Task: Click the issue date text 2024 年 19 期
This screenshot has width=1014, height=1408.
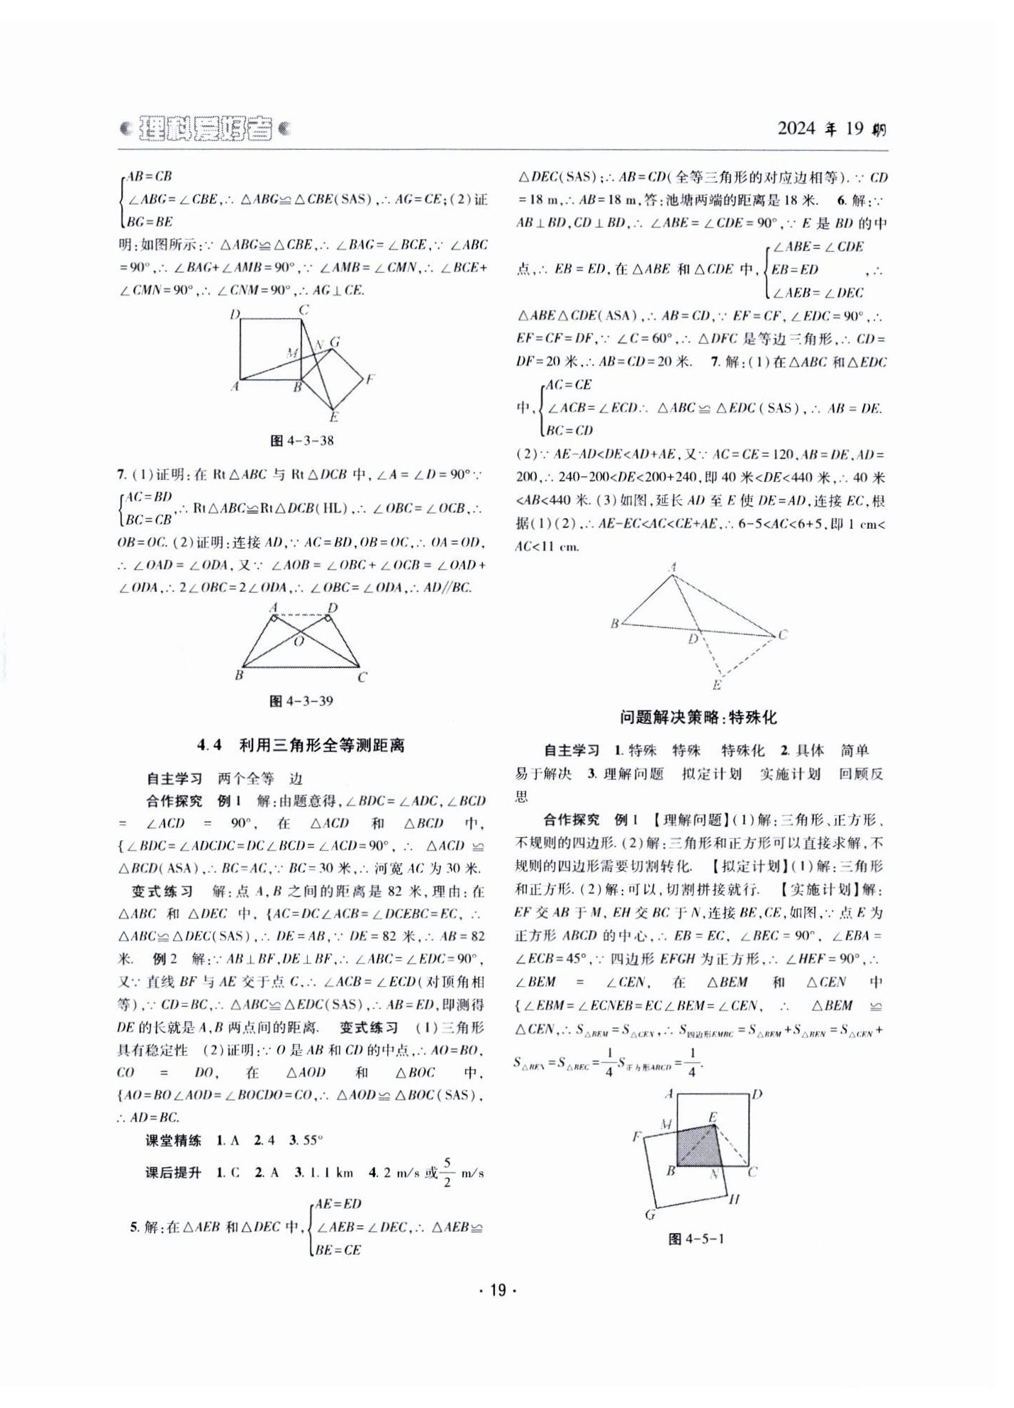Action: (831, 129)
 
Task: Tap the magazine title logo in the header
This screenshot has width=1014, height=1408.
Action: (205, 128)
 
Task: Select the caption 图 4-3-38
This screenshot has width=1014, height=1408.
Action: (302, 440)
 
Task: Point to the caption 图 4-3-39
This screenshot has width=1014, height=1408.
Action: (301, 700)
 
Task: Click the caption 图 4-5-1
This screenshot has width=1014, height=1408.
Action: (696, 1239)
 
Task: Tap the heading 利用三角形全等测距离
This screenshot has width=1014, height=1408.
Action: (321, 745)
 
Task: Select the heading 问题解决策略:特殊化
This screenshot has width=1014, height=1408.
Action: (698, 717)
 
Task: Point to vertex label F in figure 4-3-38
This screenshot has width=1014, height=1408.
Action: (369, 379)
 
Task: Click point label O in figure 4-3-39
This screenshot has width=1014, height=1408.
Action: (299, 642)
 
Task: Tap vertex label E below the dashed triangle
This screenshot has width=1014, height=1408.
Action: (717, 685)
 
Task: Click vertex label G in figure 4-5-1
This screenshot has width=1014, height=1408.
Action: (650, 1214)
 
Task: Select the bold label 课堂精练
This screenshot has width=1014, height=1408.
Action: (174, 1140)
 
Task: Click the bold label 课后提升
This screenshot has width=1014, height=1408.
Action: (174, 1173)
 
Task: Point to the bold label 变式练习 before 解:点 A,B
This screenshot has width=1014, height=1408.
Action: (162, 891)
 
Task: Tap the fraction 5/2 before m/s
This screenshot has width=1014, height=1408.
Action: (447, 1172)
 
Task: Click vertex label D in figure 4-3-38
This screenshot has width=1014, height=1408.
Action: (235, 314)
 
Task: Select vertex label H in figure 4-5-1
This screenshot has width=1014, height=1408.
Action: (734, 1199)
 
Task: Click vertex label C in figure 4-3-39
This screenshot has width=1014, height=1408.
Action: (362, 677)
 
